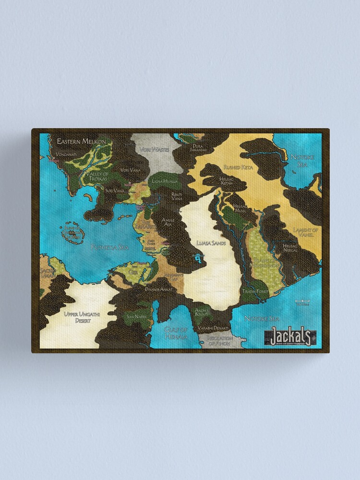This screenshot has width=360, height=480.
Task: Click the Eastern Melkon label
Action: tap(81, 142)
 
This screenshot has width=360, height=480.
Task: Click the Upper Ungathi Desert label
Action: tap(81, 317)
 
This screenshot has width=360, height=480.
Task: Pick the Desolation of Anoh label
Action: tap(219, 341)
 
